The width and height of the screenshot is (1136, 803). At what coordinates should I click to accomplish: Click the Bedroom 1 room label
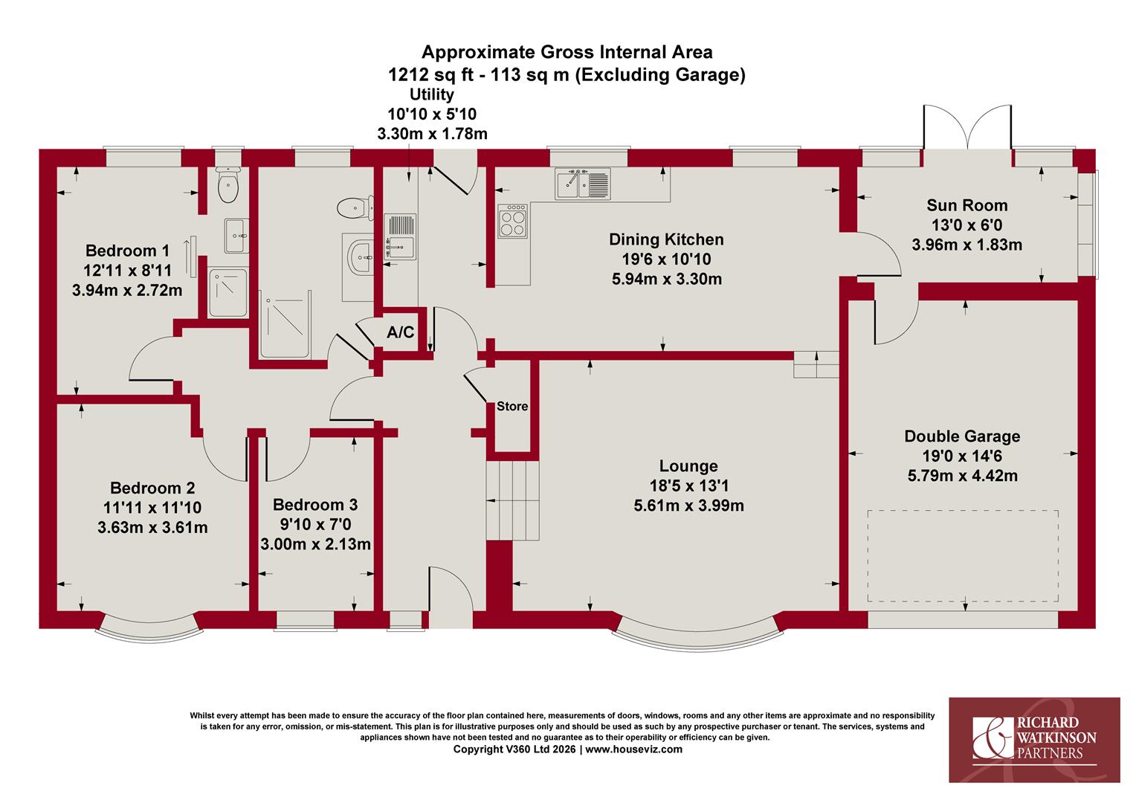tap(127, 251)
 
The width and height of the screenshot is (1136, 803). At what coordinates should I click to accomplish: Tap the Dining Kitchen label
tap(666, 239)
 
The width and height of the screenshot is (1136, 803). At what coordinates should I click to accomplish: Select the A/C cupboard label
tap(401, 332)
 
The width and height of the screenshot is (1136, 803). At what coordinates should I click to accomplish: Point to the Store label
tap(512, 406)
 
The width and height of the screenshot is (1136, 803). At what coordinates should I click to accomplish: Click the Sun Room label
tap(967, 205)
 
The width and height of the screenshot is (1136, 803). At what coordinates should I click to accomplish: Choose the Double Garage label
tap(962, 436)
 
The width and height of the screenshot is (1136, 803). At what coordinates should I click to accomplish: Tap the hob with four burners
tap(513, 221)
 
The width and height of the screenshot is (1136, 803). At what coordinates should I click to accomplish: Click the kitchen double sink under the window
tap(583, 184)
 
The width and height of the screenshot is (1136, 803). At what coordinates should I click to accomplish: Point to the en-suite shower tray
tap(228, 293)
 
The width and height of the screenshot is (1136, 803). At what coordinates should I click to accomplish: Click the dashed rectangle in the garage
tap(963, 556)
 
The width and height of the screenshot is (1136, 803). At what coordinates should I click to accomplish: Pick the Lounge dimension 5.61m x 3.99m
tap(688, 506)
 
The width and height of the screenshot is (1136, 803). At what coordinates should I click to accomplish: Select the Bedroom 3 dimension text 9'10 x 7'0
tap(315, 524)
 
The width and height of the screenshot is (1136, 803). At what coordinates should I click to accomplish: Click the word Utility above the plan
tap(432, 94)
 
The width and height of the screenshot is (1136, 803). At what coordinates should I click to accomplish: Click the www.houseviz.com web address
tap(634, 749)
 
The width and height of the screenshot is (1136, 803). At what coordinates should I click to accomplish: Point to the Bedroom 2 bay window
tap(149, 626)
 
